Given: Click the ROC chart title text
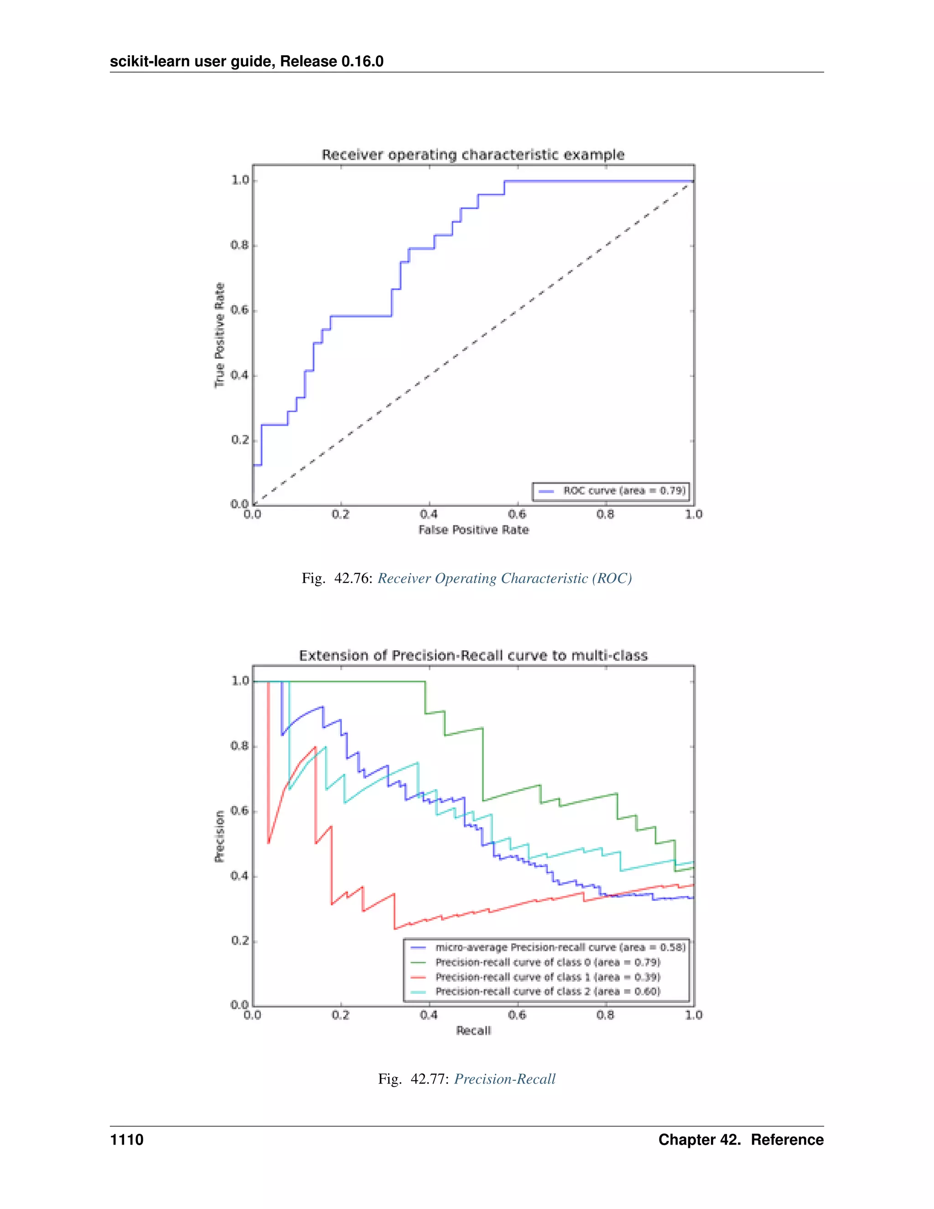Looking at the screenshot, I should click(x=473, y=155).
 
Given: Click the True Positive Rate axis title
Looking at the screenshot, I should click(x=220, y=335).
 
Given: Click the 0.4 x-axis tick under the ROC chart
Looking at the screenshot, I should click(x=429, y=514).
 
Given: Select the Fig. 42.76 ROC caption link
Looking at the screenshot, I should click(x=505, y=578).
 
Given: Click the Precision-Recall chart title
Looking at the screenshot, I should click(x=473, y=656).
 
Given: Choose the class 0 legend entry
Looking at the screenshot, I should click(x=548, y=962).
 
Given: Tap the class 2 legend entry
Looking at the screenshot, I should click(x=548, y=991).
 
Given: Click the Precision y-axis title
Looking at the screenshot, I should click(x=220, y=836).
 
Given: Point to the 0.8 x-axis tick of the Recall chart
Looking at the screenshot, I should click(x=605, y=1015).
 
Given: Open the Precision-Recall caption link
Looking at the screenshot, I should click(x=505, y=1079).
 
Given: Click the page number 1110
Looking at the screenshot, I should click(x=127, y=1140).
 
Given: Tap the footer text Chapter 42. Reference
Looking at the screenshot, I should click(x=741, y=1140).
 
